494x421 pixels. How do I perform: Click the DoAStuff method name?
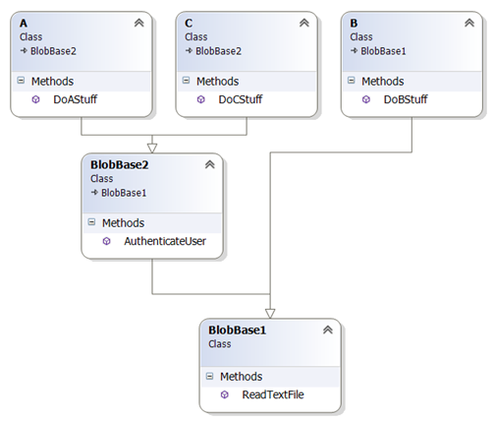point(75,99)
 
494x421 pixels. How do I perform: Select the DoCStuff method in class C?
point(241,99)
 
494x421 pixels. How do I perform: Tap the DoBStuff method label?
point(406,99)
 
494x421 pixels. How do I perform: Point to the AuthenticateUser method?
point(165,241)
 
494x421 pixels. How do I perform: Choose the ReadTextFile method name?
point(273,394)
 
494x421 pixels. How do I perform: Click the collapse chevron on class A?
point(139,23)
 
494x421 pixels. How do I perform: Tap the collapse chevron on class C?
point(304,23)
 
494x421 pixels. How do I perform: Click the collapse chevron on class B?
point(469,23)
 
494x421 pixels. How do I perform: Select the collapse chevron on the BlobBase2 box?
point(210,164)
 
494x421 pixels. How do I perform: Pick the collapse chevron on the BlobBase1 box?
point(328,330)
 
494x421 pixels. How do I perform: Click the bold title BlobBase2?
point(120,164)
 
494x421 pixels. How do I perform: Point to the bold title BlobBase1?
point(238,330)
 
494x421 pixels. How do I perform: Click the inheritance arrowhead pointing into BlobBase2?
point(152,149)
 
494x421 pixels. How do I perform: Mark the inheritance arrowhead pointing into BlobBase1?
point(270,314)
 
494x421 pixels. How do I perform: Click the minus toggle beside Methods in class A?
point(21,81)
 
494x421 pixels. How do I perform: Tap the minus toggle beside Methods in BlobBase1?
point(209,376)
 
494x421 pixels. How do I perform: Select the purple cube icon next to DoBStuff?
point(366,99)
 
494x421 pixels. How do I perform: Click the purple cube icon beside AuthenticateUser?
point(107,241)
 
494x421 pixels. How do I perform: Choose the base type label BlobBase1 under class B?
point(383,51)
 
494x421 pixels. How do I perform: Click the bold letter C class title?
point(189,24)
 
